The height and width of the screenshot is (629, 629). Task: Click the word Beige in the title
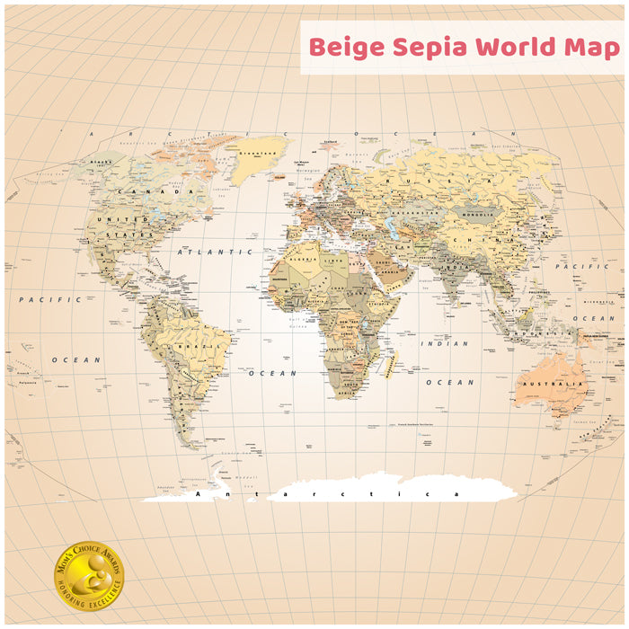point(346,48)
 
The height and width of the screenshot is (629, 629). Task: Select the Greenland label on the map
point(261,152)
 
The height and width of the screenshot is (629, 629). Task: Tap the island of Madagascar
point(389,363)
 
